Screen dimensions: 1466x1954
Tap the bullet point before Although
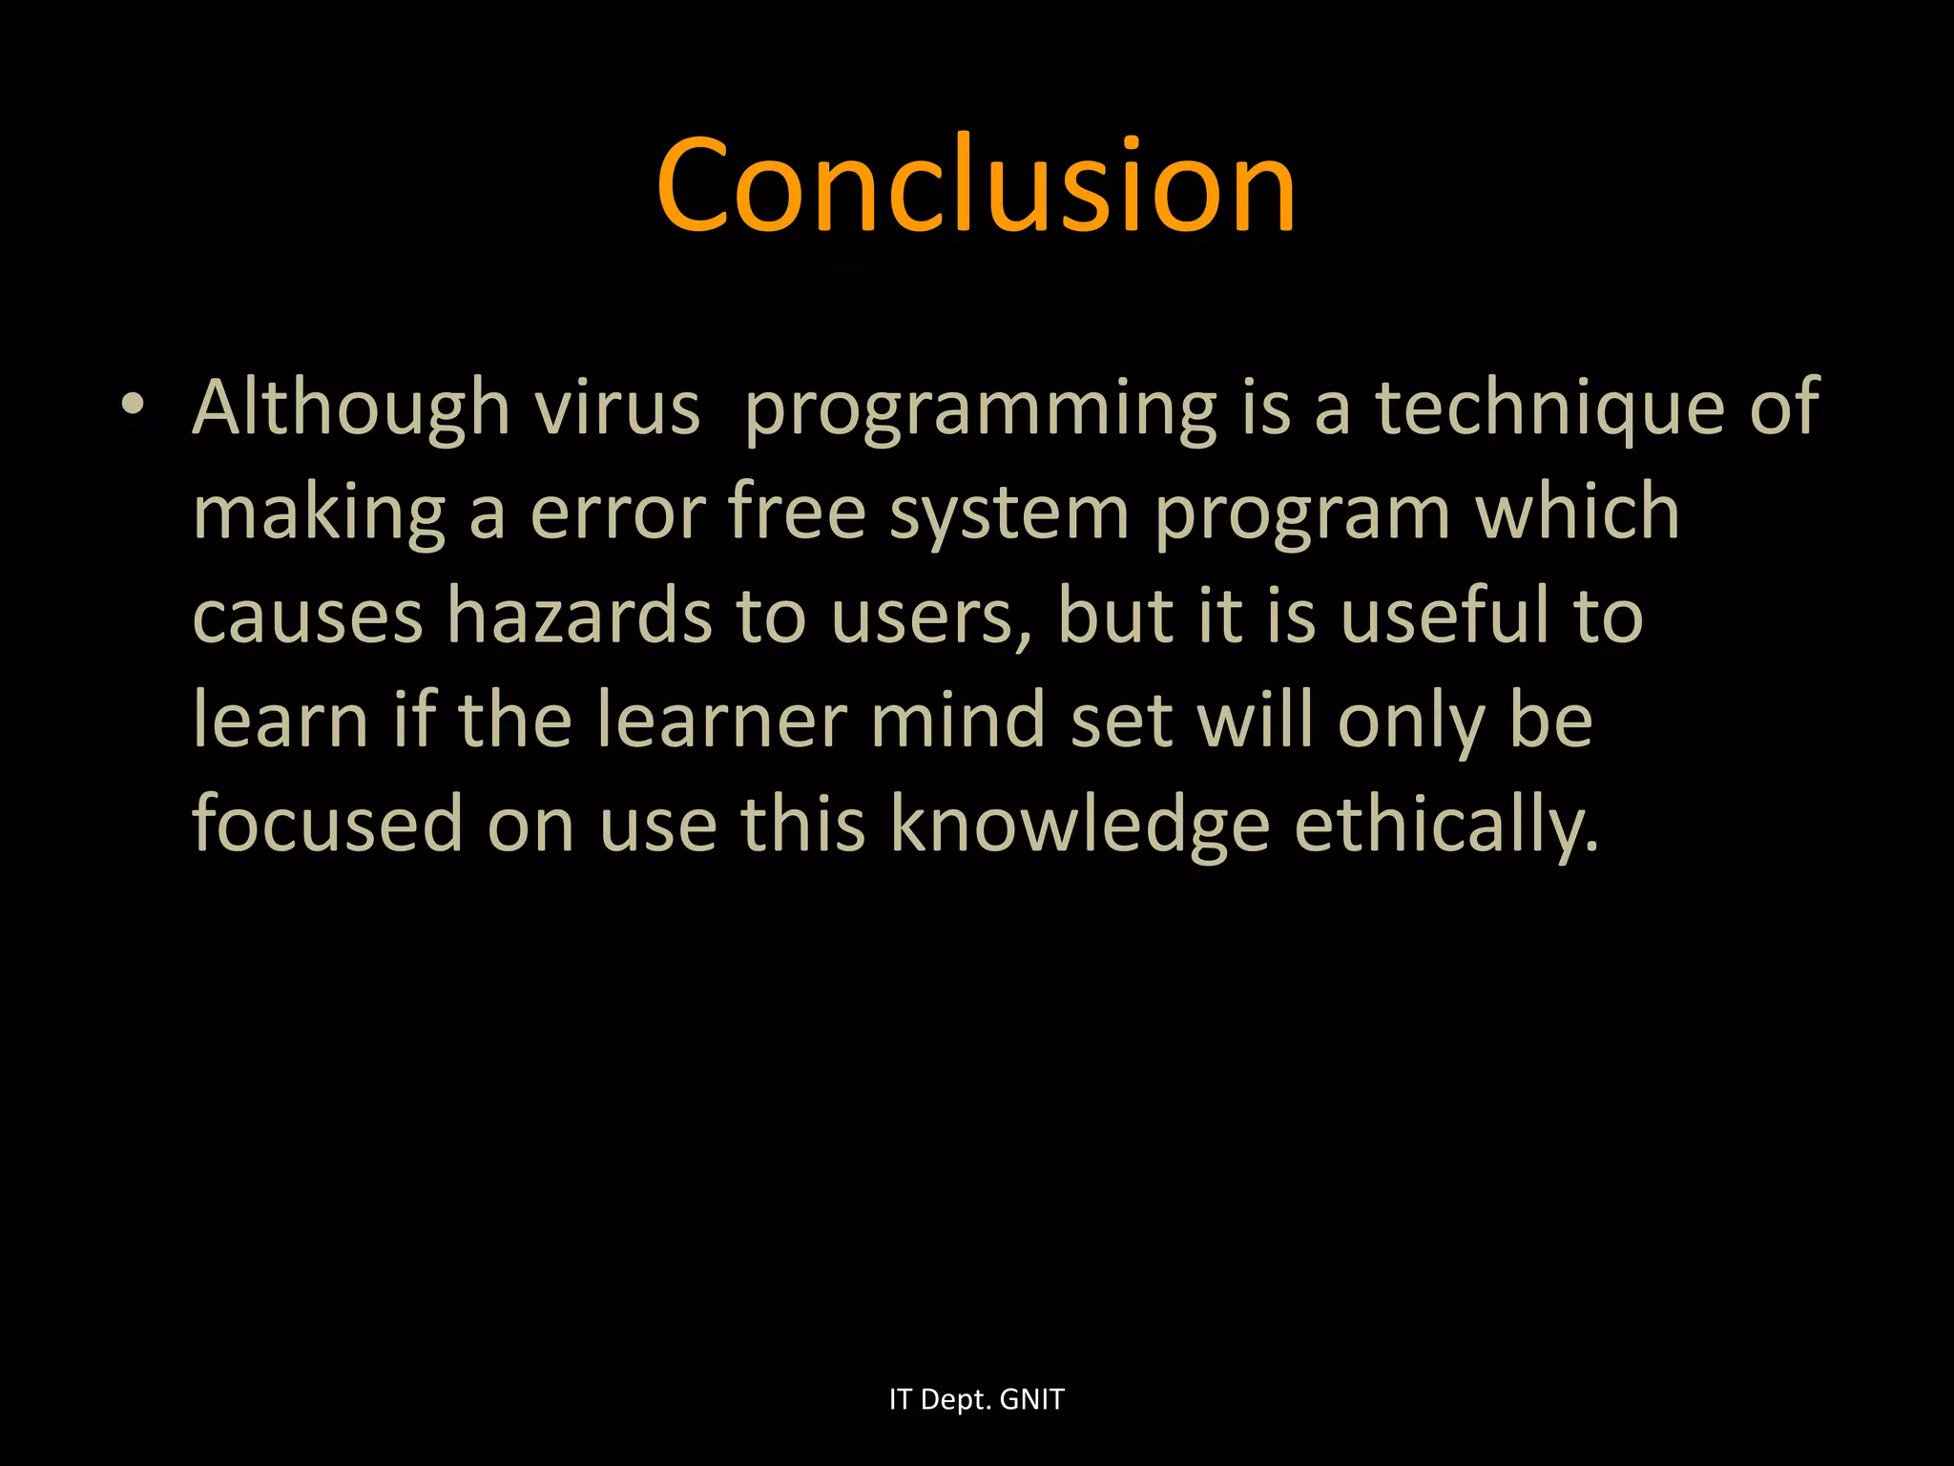(x=133, y=405)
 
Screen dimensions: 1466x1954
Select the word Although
(x=351, y=408)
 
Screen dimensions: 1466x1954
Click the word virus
(x=616, y=408)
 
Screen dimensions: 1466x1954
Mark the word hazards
(x=579, y=617)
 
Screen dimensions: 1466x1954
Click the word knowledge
(x=1079, y=826)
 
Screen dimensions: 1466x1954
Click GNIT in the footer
(x=1031, y=1399)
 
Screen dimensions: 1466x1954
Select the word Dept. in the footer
(x=956, y=1400)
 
